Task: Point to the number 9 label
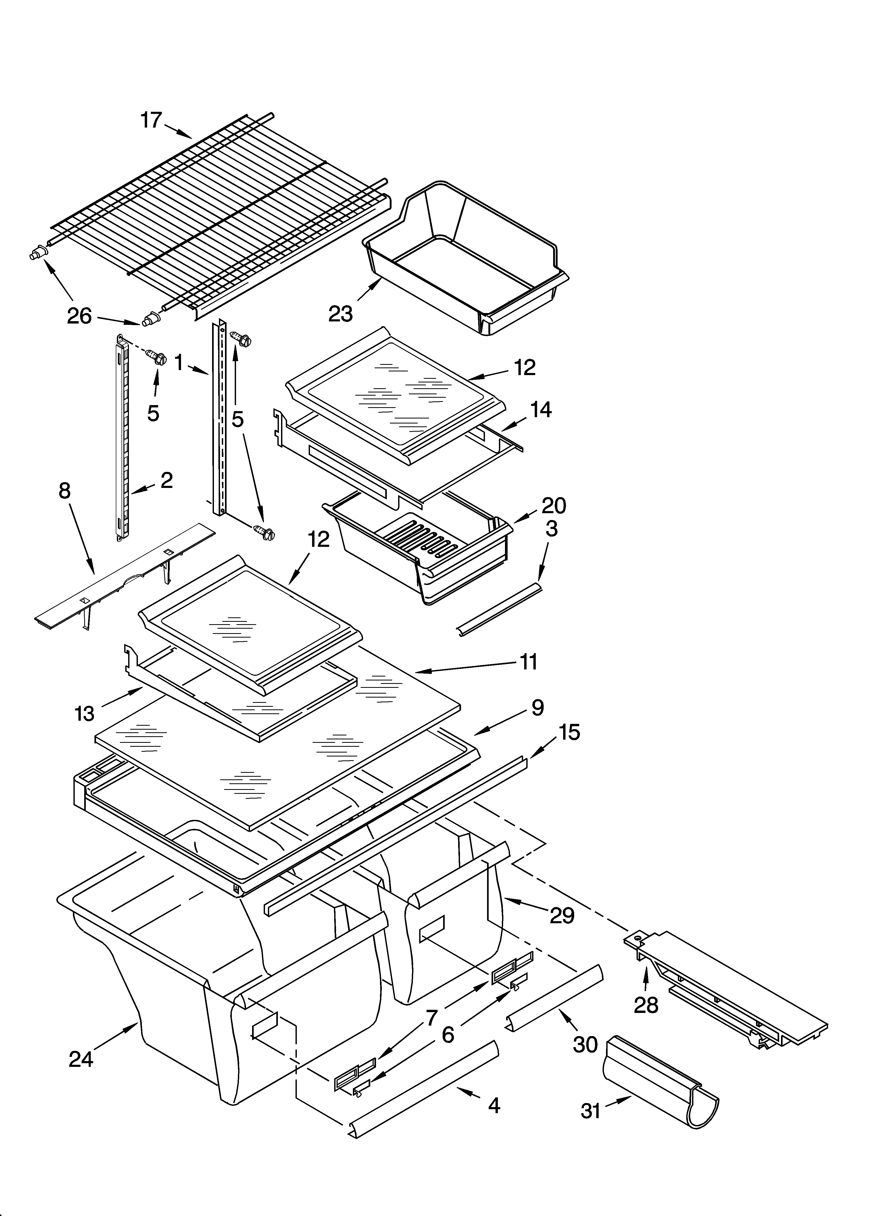pos(538,708)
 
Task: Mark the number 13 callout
pos(85,714)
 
